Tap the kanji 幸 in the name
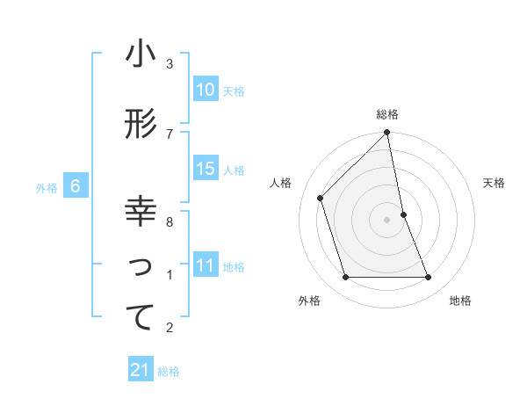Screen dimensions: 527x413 (x=141, y=213)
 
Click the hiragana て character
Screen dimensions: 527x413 (x=141, y=318)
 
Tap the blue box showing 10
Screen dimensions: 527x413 (x=206, y=90)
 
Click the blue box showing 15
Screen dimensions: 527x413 (x=206, y=169)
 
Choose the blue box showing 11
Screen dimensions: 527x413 (x=206, y=265)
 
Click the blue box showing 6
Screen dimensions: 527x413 (x=76, y=186)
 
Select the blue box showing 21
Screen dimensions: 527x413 (x=140, y=371)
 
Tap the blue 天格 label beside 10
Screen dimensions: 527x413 (x=234, y=91)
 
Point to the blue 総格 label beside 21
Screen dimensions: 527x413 (x=169, y=372)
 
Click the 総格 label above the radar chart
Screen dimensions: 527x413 (x=387, y=114)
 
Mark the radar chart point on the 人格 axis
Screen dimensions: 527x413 (x=321, y=198)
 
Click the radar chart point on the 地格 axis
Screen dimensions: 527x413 (x=429, y=278)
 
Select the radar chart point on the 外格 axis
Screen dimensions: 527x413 (x=345, y=278)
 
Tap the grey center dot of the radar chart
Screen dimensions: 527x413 (x=387, y=219)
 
